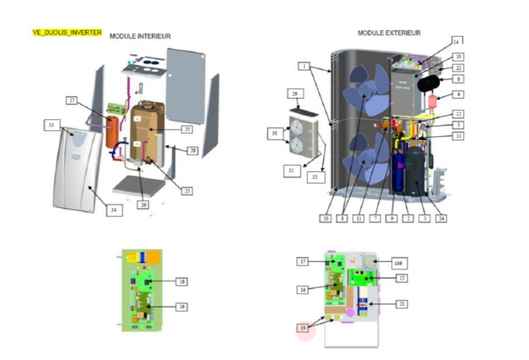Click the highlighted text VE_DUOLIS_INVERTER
coord(67,33)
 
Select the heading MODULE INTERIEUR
coord(140,36)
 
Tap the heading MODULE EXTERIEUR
coord(389,33)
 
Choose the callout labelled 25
coord(185,129)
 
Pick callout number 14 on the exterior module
coord(456,40)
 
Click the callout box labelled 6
coord(459,80)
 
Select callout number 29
coord(294,94)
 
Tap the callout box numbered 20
coord(325,218)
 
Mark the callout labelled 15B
coord(398,263)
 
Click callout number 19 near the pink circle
coord(303,327)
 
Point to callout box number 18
coord(181,282)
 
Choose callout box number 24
coord(440,218)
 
